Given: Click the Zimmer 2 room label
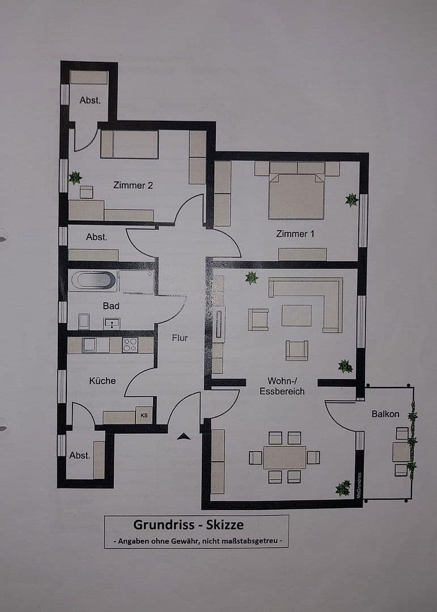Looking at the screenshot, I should pyautogui.click(x=133, y=185).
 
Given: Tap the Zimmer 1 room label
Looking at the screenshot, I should pyautogui.click(x=295, y=233).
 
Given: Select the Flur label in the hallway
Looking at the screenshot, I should pyautogui.click(x=180, y=338).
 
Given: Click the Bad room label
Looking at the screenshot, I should pyautogui.click(x=111, y=306).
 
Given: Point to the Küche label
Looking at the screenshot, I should pyautogui.click(x=102, y=381).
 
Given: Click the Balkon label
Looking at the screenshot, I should pyautogui.click(x=385, y=414).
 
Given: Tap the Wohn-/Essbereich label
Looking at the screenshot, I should pyautogui.click(x=282, y=386).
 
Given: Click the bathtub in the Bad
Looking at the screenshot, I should pyautogui.click(x=92, y=281).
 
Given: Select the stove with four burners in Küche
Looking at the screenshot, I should pyautogui.click(x=130, y=345).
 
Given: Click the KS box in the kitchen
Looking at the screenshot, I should pyautogui.click(x=144, y=415).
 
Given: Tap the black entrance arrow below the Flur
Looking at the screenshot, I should pyautogui.click(x=184, y=436).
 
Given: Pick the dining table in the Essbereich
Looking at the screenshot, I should pyautogui.click(x=285, y=457).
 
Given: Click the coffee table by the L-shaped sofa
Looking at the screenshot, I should pyautogui.click(x=296, y=315).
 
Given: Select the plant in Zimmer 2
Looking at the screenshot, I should pyautogui.click(x=75, y=178).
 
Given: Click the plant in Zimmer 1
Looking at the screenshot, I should pyautogui.click(x=352, y=199).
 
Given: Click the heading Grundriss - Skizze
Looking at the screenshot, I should pyautogui.click(x=188, y=525).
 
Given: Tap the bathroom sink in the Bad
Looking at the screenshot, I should pyautogui.click(x=112, y=324).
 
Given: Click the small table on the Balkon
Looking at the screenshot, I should pyautogui.click(x=401, y=452).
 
